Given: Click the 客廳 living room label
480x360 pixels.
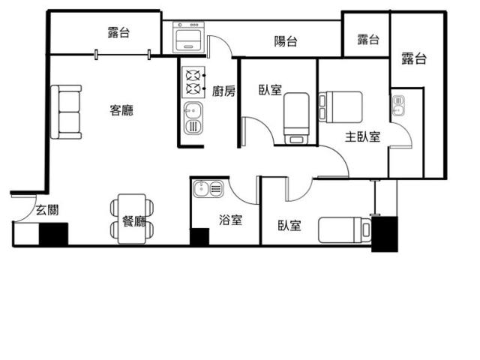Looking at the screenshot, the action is click(x=121, y=110).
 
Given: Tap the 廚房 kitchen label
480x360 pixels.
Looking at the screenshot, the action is click(x=223, y=91).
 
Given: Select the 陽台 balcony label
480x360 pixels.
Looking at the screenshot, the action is click(x=285, y=41).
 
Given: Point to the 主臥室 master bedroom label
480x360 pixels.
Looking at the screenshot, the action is click(x=362, y=136).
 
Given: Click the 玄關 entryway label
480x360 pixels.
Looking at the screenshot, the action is click(x=47, y=210).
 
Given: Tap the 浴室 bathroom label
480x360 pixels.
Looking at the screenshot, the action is click(x=230, y=220).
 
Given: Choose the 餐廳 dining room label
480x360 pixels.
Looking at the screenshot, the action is click(x=134, y=221).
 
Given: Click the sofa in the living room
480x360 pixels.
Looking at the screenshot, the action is click(x=66, y=112).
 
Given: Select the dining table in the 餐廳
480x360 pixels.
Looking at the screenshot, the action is click(x=132, y=219).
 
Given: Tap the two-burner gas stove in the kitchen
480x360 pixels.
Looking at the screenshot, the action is click(x=193, y=82).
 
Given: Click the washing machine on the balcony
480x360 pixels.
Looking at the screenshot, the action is click(x=188, y=37).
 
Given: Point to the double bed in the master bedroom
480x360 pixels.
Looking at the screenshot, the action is click(x=340, y=106).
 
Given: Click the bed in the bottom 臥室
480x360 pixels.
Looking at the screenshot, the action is click(x=345, y=230).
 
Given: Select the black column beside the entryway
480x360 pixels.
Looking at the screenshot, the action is click(x=53, y=234).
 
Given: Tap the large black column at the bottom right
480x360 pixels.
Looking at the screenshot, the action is click(x=385, y=234).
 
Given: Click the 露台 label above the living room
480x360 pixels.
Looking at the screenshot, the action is click(x=118, y=32).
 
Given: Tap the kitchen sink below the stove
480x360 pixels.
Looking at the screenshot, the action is click(x=193, y=118).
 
